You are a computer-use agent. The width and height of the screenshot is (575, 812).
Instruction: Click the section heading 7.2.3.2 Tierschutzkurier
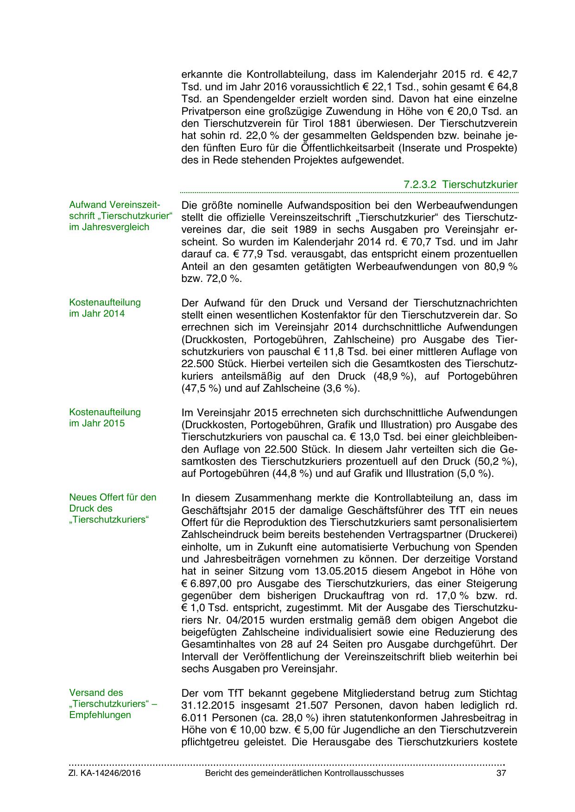click(x=460, y=184)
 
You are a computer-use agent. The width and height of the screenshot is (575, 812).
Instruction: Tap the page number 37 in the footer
click(x=501, y=773)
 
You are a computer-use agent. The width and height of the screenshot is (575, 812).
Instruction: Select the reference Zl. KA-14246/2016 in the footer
click(x=105, y=773)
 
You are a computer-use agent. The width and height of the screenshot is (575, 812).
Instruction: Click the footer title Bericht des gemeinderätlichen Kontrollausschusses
click(x=304, y=773)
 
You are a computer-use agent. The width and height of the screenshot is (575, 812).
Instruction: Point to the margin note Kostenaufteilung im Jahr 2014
click(x=105, y=308)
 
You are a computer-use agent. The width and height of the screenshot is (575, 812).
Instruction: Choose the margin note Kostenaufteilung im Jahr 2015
click(x=105, y=418)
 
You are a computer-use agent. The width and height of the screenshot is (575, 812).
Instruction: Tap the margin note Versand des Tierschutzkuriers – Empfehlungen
click(x=113, y=704)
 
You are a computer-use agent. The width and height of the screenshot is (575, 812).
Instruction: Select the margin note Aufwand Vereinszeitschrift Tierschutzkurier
click(x=120, y=216)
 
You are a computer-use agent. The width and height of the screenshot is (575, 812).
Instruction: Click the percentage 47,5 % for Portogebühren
click(x=201, y=388)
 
